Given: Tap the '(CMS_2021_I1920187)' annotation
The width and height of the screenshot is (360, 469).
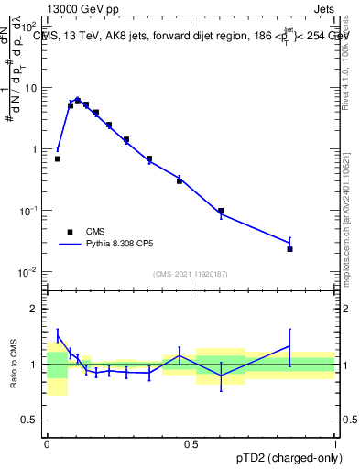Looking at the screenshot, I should coord(191,274).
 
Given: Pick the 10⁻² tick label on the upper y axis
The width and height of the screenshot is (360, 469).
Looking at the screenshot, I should coord(31,272).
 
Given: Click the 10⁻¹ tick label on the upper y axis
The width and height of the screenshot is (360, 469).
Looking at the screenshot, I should coord(31,211).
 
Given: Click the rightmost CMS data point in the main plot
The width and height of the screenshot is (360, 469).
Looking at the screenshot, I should coord(289,249).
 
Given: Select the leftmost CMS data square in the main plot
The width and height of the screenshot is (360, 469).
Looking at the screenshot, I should coord(57,158).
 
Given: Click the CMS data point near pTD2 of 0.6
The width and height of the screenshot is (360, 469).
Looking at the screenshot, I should coord(221,211).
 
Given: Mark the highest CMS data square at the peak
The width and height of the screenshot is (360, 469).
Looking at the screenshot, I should coord(78,101).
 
